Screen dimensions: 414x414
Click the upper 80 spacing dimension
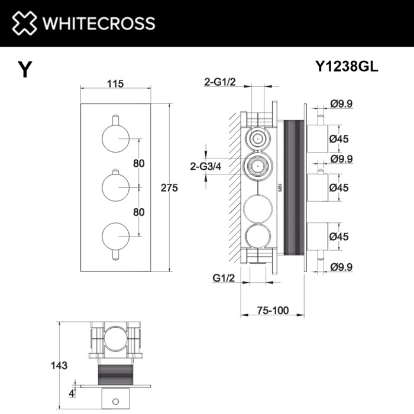pyautogui.click(x=139, y=164)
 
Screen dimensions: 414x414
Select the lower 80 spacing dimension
pyautogui.click(x=139, y=211)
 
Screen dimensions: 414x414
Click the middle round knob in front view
pyautogui.click(x=115, y=187)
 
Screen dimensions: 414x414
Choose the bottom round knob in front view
pyautogui.click(x=115, y=235)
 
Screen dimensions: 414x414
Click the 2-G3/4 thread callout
pyautogui.click(x=205, y=166)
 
